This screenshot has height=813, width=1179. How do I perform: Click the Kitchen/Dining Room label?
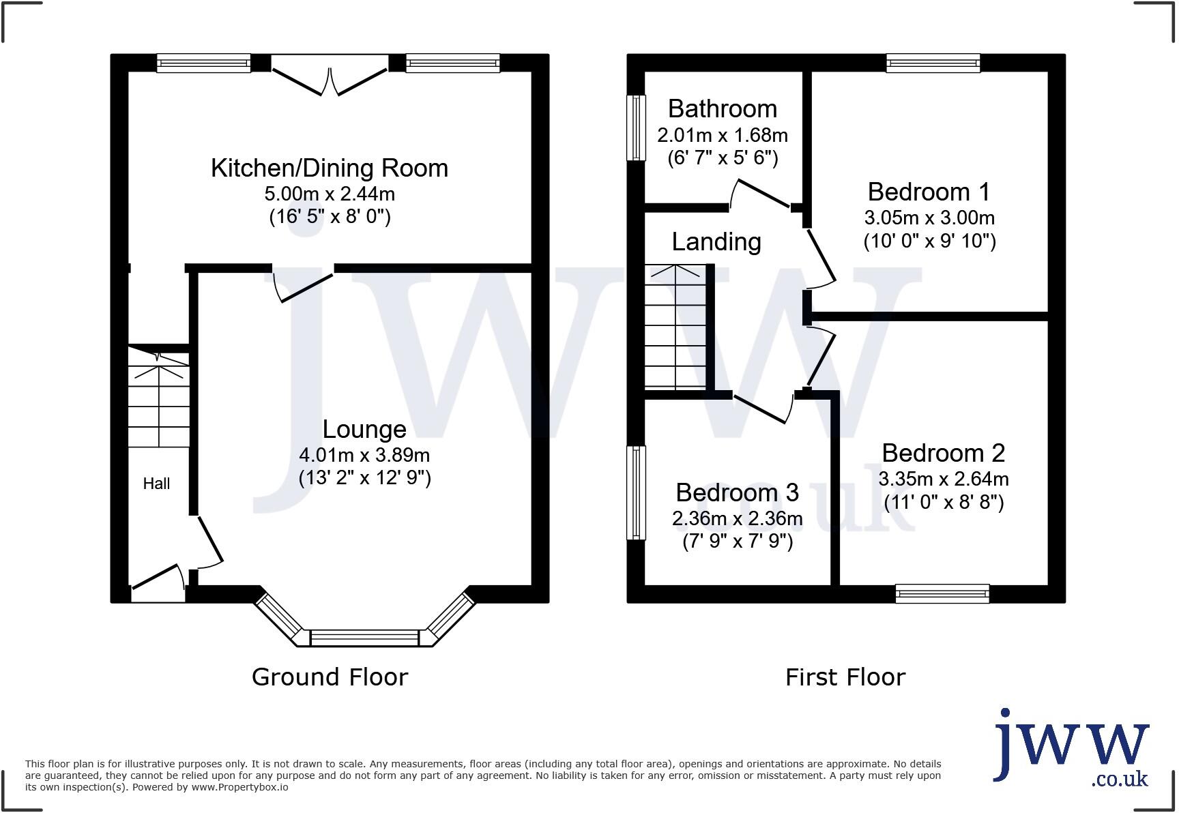pyautogui.click(x=330, y=168)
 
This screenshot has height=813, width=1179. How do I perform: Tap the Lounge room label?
pyautogui.click(x=364, y=429)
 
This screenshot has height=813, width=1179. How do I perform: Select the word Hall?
pyautogui.click(x=156, y=484)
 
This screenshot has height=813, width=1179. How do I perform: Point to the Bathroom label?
pyautogui.click(x=723, y=109)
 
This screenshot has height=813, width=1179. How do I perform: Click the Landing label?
pyautogui.click(x=716, y=242)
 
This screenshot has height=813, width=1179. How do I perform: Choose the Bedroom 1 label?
pyautogui.click(x=929, y=192)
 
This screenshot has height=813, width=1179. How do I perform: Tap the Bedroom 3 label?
pyautogui.click(x=737, y=492)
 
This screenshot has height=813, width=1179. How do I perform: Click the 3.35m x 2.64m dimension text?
pyautogui.click(x=944, y=479)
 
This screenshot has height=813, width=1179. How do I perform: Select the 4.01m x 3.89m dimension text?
pyautogui.click(x=364, y=455)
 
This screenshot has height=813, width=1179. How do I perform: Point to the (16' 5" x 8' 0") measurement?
pyautogui.click(x=330, y=217)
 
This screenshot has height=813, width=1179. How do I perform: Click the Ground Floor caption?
pyautogui.click(x=330, y=677)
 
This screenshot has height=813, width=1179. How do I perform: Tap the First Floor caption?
pyautogui.click(x=845, y=677)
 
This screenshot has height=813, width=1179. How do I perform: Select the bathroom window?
pyautogui.click(x=636, y=128)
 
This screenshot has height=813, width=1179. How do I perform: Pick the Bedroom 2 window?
pyautogui.click(x=942, y=593)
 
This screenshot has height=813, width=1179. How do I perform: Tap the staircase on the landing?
pyautogui.click(x=675, y=327)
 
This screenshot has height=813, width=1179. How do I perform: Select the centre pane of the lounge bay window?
pyautogui.click(x=364, y=638)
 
